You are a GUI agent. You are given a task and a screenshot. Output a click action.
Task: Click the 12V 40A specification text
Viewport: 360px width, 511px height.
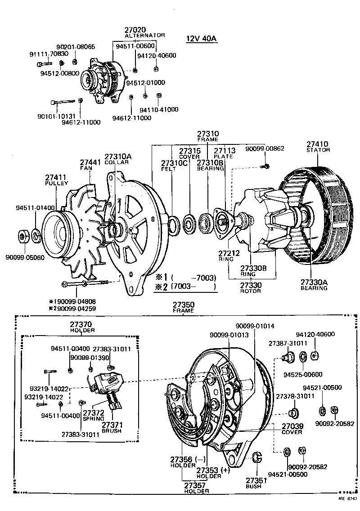point(201,38)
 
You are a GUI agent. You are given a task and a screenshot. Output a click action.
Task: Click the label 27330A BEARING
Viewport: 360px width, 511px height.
point(314,282)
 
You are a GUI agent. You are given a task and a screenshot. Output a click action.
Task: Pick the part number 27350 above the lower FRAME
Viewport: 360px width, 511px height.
point(183,305)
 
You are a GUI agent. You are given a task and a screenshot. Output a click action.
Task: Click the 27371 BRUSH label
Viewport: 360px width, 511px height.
point(112,424)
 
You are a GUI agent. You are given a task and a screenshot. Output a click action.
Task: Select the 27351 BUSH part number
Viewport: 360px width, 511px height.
point(256,480)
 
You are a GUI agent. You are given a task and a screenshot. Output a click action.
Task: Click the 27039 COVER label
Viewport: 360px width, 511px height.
point(292,426)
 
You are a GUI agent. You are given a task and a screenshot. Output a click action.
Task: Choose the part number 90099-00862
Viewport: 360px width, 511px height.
point(265,148)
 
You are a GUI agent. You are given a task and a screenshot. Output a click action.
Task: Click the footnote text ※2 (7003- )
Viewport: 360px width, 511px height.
point(185,287)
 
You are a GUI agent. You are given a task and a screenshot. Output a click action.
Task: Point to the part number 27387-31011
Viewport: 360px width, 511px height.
point(284,343)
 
